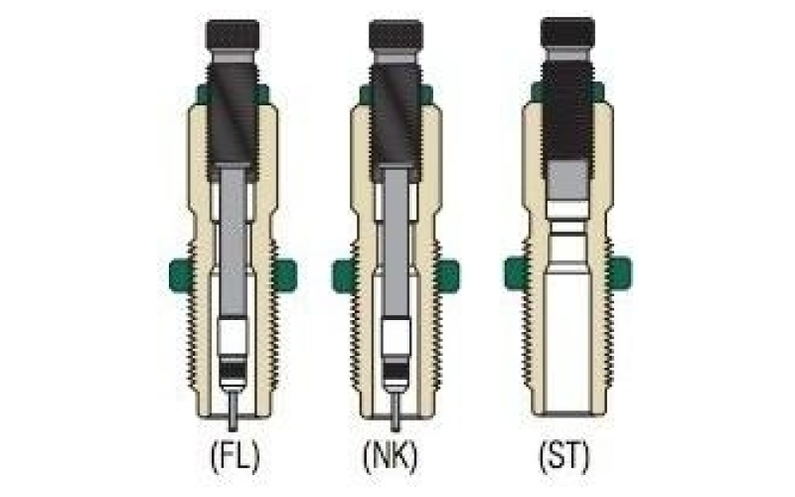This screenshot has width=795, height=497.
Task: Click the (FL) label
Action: point(235,457)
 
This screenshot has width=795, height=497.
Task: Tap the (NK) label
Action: point(391,457)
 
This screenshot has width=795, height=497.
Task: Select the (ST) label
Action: point(564,457)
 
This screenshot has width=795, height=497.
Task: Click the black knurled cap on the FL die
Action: point(233,35)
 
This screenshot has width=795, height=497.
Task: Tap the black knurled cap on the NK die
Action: point(396,35)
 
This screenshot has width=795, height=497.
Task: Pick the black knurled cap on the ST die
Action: point(567,33)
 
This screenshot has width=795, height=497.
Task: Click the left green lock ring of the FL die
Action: point(181,275)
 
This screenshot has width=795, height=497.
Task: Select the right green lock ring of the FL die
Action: point(285,275)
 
